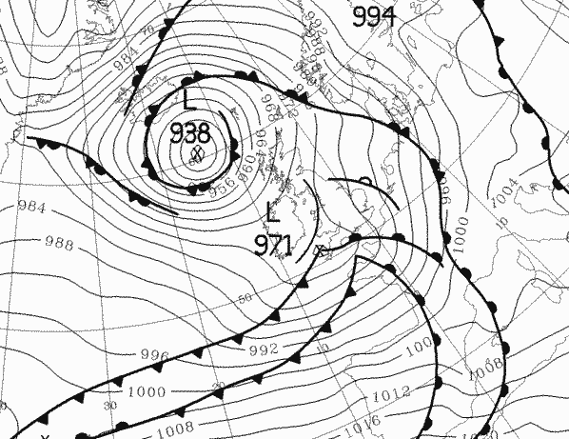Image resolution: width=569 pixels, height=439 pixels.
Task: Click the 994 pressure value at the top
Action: [374, 16]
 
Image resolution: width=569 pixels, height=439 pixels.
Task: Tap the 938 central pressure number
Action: [190, 132]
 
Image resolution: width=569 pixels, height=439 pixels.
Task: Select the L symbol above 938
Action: [188, 98]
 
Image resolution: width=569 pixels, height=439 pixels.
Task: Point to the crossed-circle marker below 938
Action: [198, 153]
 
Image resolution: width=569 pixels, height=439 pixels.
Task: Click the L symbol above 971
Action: [274, 210]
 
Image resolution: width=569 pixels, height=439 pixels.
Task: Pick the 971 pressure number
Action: [273, 246]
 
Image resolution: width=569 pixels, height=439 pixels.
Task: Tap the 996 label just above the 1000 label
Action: [153, 356]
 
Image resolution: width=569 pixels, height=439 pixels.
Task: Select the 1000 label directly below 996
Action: [145, 391]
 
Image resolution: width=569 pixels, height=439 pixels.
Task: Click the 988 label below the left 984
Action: [58, 243]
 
